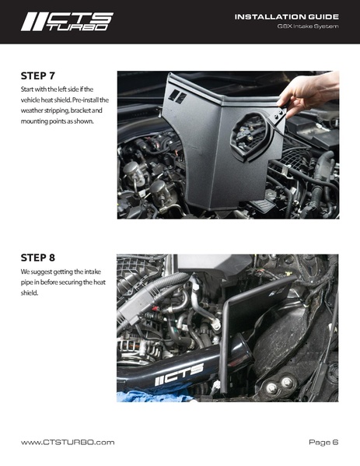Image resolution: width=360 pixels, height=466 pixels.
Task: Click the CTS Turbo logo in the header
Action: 67,22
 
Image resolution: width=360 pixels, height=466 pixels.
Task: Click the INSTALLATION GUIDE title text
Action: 287,16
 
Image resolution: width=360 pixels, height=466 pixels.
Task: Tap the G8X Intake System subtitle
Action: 308,26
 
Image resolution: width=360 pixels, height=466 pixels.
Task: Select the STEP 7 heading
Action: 38,76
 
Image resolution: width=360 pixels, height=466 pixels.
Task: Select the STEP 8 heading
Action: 38,258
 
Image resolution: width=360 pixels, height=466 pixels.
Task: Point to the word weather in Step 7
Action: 31,110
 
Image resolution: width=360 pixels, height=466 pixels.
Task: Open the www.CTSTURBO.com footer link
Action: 68,443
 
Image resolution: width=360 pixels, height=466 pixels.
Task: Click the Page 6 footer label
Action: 323,443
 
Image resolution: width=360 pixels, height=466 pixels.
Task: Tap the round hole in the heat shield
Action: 251,136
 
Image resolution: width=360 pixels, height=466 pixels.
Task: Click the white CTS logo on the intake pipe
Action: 180,374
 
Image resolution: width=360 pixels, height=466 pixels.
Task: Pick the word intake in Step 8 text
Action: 93,272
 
